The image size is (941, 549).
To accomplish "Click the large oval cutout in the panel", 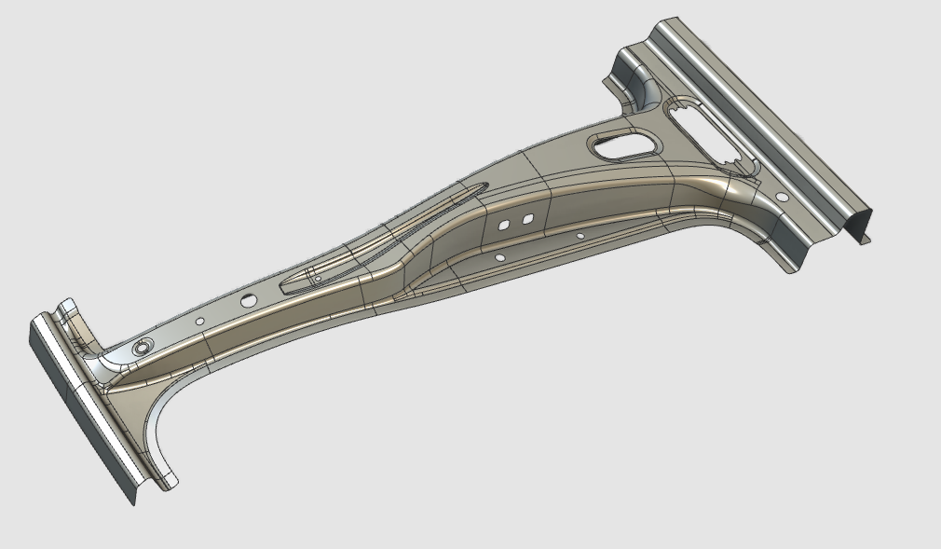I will pos(621,145).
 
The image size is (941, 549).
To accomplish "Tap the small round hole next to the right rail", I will pos(781,198).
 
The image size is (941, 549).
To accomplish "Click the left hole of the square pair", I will pos(503,225).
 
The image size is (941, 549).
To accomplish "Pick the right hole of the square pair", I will pos(526,219).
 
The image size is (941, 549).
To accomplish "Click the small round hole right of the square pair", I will pos(580,237).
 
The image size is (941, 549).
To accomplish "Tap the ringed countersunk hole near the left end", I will pos(143,346).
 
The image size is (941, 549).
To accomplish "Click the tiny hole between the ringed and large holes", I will pos(199,322).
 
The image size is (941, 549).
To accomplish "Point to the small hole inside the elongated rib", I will pos(317,278).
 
